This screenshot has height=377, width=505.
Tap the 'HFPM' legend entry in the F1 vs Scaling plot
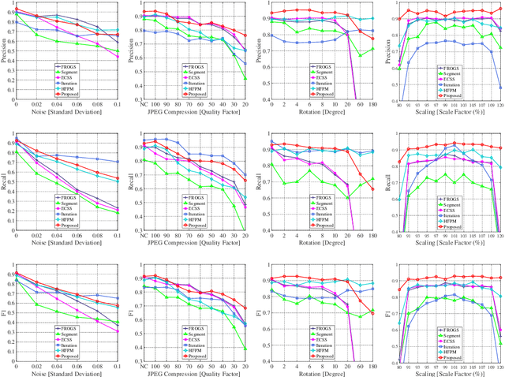(454, 353)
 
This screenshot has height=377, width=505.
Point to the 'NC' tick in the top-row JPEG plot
(143, 104)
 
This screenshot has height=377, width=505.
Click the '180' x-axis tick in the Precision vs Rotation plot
(372, 104)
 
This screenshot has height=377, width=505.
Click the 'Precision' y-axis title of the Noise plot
(5, 51)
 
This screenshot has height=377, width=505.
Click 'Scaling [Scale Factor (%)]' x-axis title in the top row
(449, 113)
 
